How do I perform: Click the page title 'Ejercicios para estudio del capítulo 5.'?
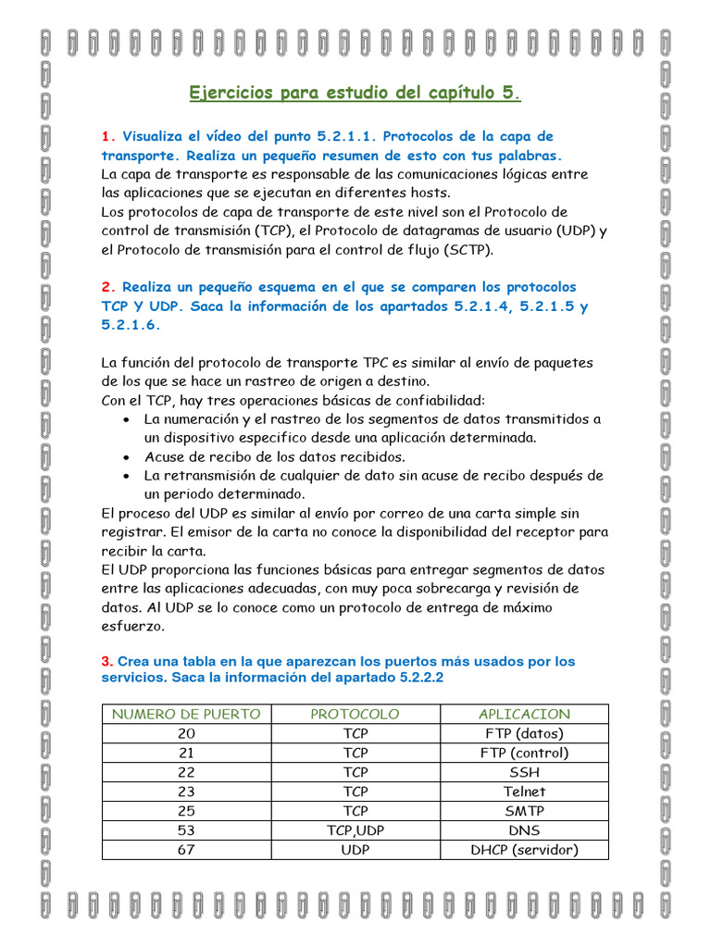tap(355, 93)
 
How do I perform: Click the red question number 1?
tap(106, 136)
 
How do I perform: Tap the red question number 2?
tap(106, 287)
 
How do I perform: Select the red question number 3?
tap(106, 661)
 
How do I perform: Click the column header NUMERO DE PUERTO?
tap(186, 714)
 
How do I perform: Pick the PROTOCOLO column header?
tap(355, 714)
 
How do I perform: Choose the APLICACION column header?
tap(524, 714)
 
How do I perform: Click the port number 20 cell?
tap(186, 733)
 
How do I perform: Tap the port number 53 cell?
tap(186, 830)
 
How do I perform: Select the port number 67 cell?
tap(186, 850)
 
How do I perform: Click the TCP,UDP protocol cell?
tap(355, 830)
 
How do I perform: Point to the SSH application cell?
tap(524, 772)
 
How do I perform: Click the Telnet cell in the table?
tap(524, 792)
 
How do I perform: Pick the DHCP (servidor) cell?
tap(524, 850)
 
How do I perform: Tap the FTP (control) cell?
tap(524, 753)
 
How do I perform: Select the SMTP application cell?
tap(524, 811)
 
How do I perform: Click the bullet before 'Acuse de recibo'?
tap(126, 457)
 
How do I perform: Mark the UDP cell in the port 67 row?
tap(355, 850)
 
